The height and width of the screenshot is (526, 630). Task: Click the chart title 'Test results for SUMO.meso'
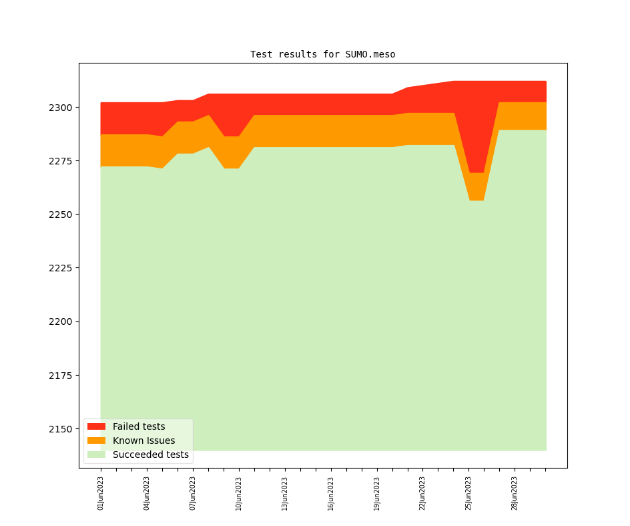click(x=322, y=54)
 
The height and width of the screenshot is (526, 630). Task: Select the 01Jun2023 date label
click(x=101, y=493)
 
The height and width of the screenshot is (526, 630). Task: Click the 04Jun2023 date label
click(x=147, y=493)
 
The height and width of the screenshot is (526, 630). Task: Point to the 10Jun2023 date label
click(x=239, y=493)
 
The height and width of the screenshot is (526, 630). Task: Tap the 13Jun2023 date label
click(x=285, y=493)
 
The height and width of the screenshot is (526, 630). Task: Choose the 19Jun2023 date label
click(x=376, y=493)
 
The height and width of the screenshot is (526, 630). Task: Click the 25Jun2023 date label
click(x=468, y=493)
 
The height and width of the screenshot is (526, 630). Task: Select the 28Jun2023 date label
click(x=515, y=493)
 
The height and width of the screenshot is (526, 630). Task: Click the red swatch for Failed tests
click(x=96, y=426)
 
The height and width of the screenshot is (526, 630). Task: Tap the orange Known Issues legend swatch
click(x=96, y=440)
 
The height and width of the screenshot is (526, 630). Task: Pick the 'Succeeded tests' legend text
click(x=150, y=454)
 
